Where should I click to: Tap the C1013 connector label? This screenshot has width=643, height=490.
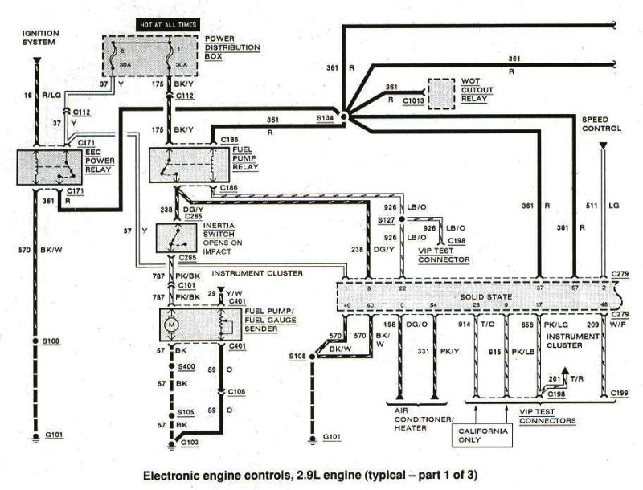412,100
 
